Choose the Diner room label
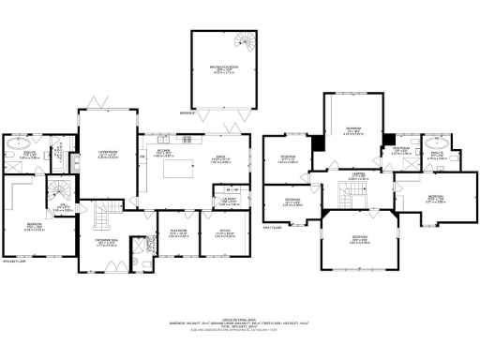coord(221,159)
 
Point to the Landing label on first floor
coord(358,175)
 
